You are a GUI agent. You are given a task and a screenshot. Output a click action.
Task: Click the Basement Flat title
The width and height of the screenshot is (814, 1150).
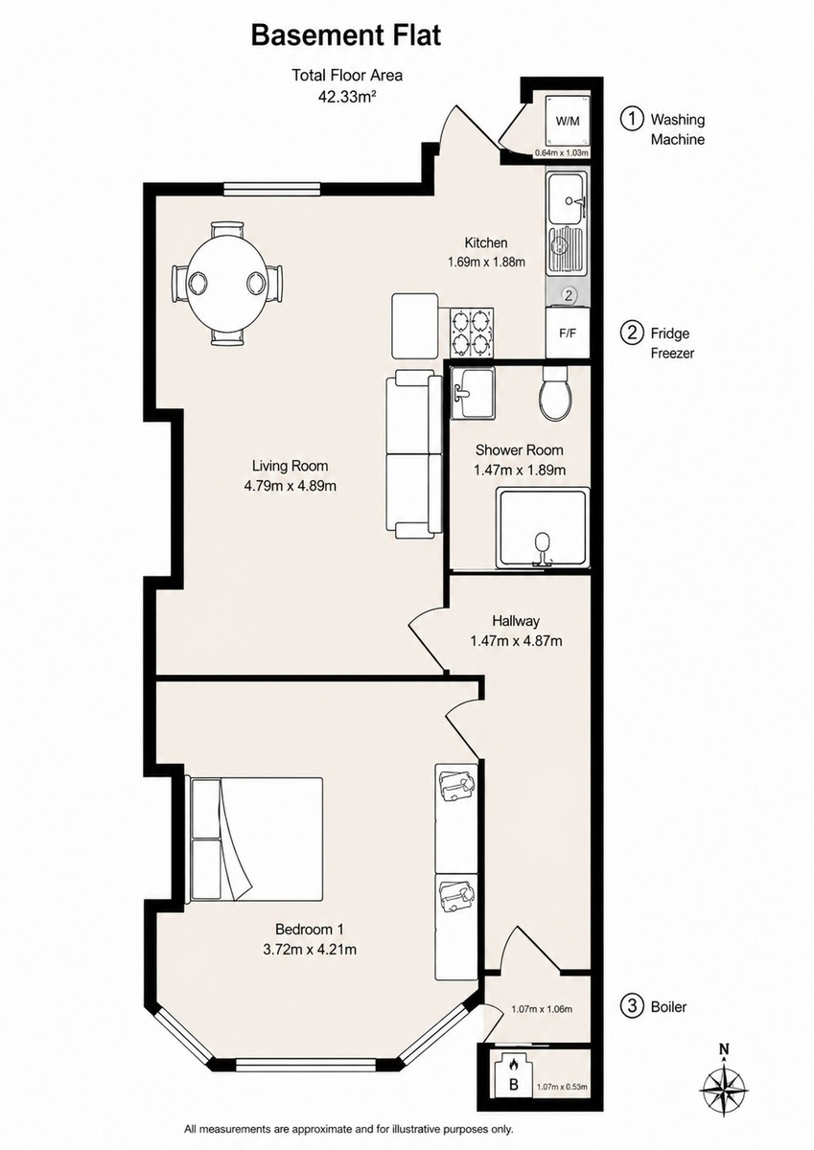pyautogui.click(x=345, y=36)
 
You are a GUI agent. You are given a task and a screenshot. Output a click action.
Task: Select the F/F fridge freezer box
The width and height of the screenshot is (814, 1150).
pyautogui.click(x=568, y=333)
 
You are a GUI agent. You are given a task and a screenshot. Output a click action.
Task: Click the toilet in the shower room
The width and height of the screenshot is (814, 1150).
pyautogui.click(x=554, y=394)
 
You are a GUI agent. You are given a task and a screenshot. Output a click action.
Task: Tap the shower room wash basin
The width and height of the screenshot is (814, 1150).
pyautogui.click(x=473, y=392)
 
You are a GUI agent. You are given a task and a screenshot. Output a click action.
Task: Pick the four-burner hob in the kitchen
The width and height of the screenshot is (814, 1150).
pyautogui.click(x=472, y=333)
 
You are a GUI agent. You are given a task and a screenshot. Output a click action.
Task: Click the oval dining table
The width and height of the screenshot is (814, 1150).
pyautogui.click(x=227, y=283)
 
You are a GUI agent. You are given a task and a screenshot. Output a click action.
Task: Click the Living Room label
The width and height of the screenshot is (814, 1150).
pyautogui.click(x=290, y=466)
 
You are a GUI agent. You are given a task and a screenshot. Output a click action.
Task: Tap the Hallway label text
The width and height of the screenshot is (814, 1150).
pyautogui.click(x=516, y=621)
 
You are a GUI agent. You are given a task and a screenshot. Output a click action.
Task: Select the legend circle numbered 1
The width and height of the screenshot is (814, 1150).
pyautogui.click(x=632, y=119)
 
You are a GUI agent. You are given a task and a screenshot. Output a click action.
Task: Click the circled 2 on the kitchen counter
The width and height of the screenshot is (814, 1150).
pyautogui.click(x=568, y=295)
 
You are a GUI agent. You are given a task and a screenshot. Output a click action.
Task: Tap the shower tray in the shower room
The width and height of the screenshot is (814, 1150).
pyautogui.click(x=543, y=528)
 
